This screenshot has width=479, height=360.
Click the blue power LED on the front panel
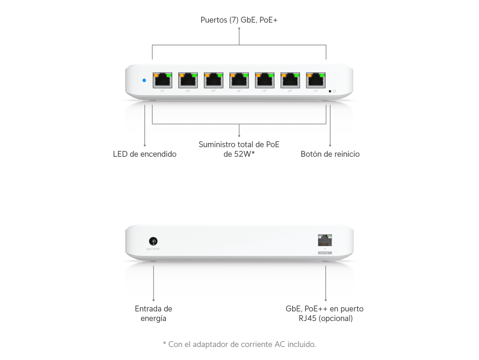(144, 80)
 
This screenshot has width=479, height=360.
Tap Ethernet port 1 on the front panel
(162, 80)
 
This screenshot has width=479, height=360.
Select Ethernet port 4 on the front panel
(239, 80)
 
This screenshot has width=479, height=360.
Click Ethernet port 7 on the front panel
(315, 80)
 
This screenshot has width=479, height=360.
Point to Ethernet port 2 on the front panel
(188, 80)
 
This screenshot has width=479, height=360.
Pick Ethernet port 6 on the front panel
(290, 80)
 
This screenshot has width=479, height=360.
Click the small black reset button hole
(330, 91)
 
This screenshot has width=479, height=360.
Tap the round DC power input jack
(153, 241)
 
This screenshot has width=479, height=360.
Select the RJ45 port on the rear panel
(325, 241)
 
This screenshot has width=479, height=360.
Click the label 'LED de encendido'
(145, 154)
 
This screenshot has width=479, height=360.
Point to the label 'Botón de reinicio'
(330, 154)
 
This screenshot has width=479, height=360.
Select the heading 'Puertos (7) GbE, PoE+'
(239, 20)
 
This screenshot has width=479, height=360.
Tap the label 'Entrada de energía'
(153, 313)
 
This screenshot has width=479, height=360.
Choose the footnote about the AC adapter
(239, 344)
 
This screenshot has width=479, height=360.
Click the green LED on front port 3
(220, 75)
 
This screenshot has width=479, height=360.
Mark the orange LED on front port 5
(258, 75)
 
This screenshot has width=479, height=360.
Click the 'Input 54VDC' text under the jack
(153, 249)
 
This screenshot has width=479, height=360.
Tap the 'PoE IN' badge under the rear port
(325, 253)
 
